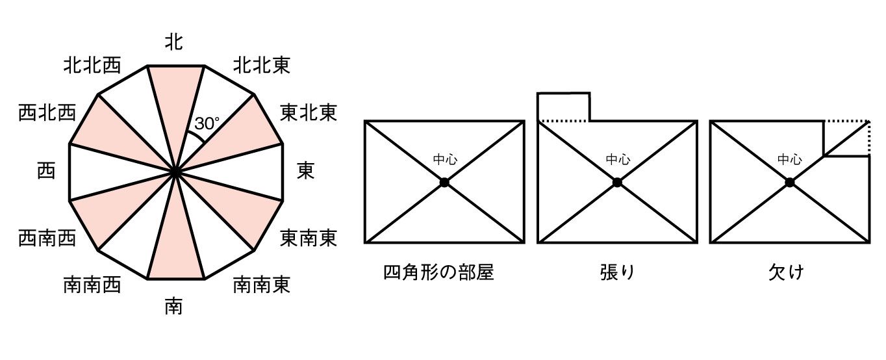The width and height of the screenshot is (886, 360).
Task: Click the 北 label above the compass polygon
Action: [173, 43]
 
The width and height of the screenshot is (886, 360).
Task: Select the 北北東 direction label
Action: [262, 65]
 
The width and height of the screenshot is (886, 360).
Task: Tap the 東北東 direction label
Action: [309, 113]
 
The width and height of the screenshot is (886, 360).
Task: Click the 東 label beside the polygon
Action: [306, 172]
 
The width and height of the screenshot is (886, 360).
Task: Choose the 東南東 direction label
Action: [309, 238]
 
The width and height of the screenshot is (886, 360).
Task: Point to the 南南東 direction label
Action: [262, 285]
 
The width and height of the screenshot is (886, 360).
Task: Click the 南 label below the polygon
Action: [173, 305]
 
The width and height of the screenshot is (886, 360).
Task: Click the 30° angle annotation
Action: [207, 123]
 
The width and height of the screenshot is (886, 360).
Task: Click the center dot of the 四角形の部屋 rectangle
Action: [444, 183]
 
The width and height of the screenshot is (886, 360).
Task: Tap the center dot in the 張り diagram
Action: [617, 183]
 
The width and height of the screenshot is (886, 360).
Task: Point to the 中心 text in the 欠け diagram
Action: [789, 159]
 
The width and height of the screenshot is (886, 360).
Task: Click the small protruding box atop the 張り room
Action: [564, 107]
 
